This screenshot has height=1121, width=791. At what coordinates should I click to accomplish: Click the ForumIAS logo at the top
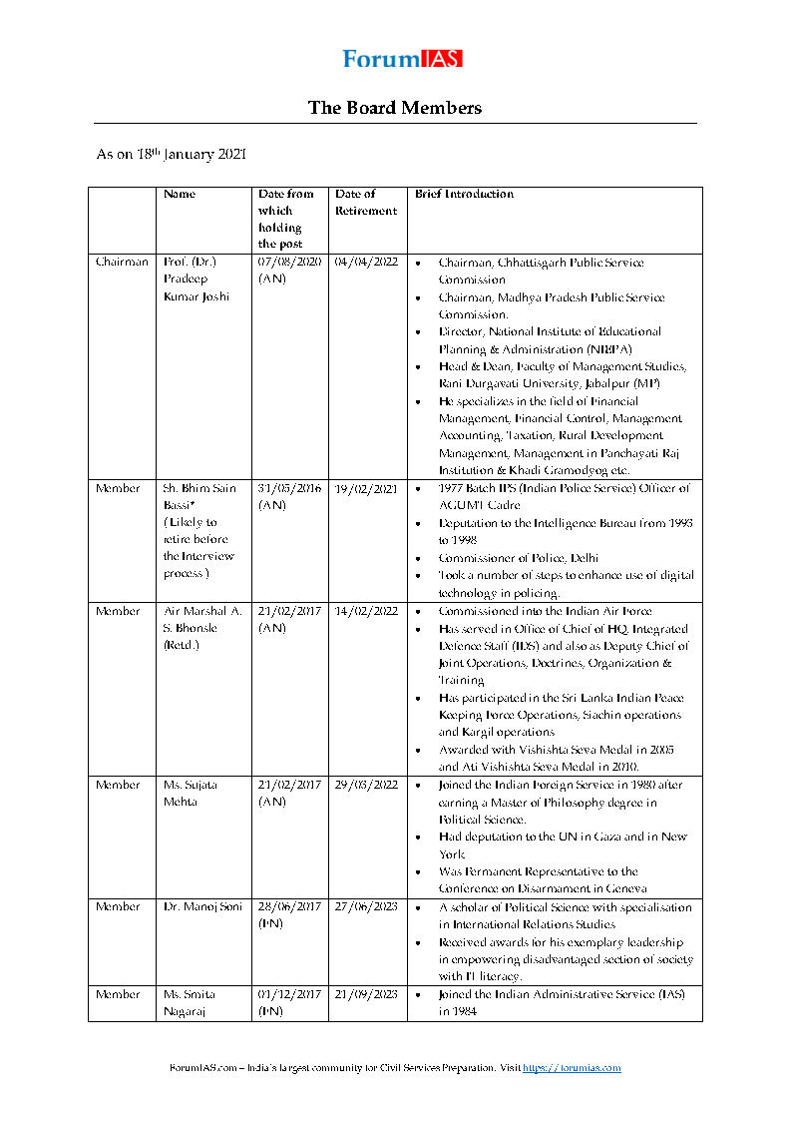(x=402, y=59)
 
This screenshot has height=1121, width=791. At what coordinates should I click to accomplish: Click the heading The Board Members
(x=395, y=108)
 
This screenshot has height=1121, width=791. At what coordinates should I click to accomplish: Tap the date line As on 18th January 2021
(x=171, y=155)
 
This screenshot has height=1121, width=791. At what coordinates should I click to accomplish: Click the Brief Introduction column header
(x=464, y=194)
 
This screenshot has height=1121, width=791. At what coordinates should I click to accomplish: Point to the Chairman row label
(x=122, y=263)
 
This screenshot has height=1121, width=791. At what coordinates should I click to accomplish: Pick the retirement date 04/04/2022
(x=366, y=263)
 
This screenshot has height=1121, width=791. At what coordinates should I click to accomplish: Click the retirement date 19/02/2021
(x=366, y=488)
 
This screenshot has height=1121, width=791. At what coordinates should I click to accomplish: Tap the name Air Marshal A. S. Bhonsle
(x=202, y=628)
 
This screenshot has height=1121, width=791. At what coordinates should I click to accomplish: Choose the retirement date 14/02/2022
(x=366, y=611)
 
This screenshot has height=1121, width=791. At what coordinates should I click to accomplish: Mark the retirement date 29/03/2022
(x=366, y=785)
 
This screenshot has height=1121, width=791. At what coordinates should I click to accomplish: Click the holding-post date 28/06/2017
(x=289, y=906)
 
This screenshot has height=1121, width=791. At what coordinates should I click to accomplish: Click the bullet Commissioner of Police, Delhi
(x=518, y=558)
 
